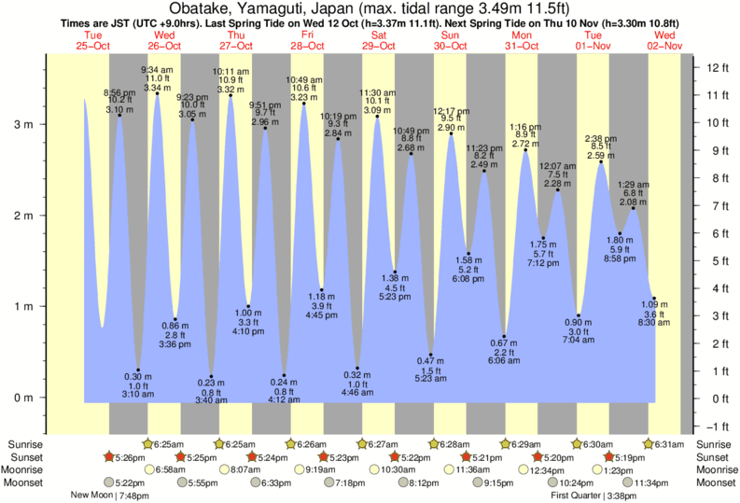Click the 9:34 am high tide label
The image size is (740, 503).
[157, 70]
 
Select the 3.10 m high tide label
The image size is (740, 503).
[119, 110]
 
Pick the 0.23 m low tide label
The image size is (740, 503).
[212, 384]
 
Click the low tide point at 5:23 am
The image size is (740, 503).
[431, 355]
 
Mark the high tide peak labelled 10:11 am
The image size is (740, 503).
[230, 94]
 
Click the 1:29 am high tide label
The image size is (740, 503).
[634, 185]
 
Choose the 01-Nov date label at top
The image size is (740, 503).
[593, 46]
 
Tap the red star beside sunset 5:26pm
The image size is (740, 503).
[109, 456]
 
